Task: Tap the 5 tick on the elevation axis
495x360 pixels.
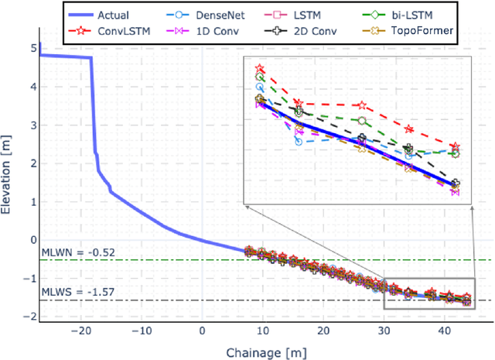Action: coord(30,48)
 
